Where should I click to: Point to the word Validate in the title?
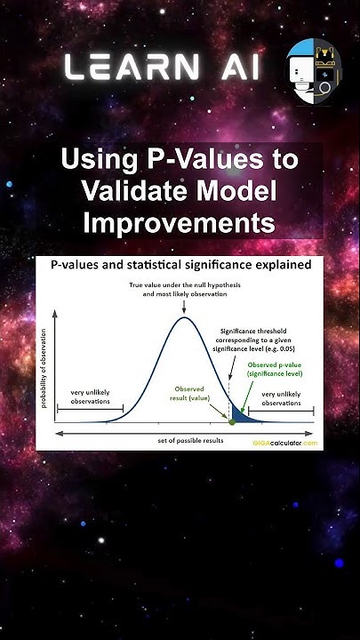(129, 190)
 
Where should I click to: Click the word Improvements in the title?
(179, 220)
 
